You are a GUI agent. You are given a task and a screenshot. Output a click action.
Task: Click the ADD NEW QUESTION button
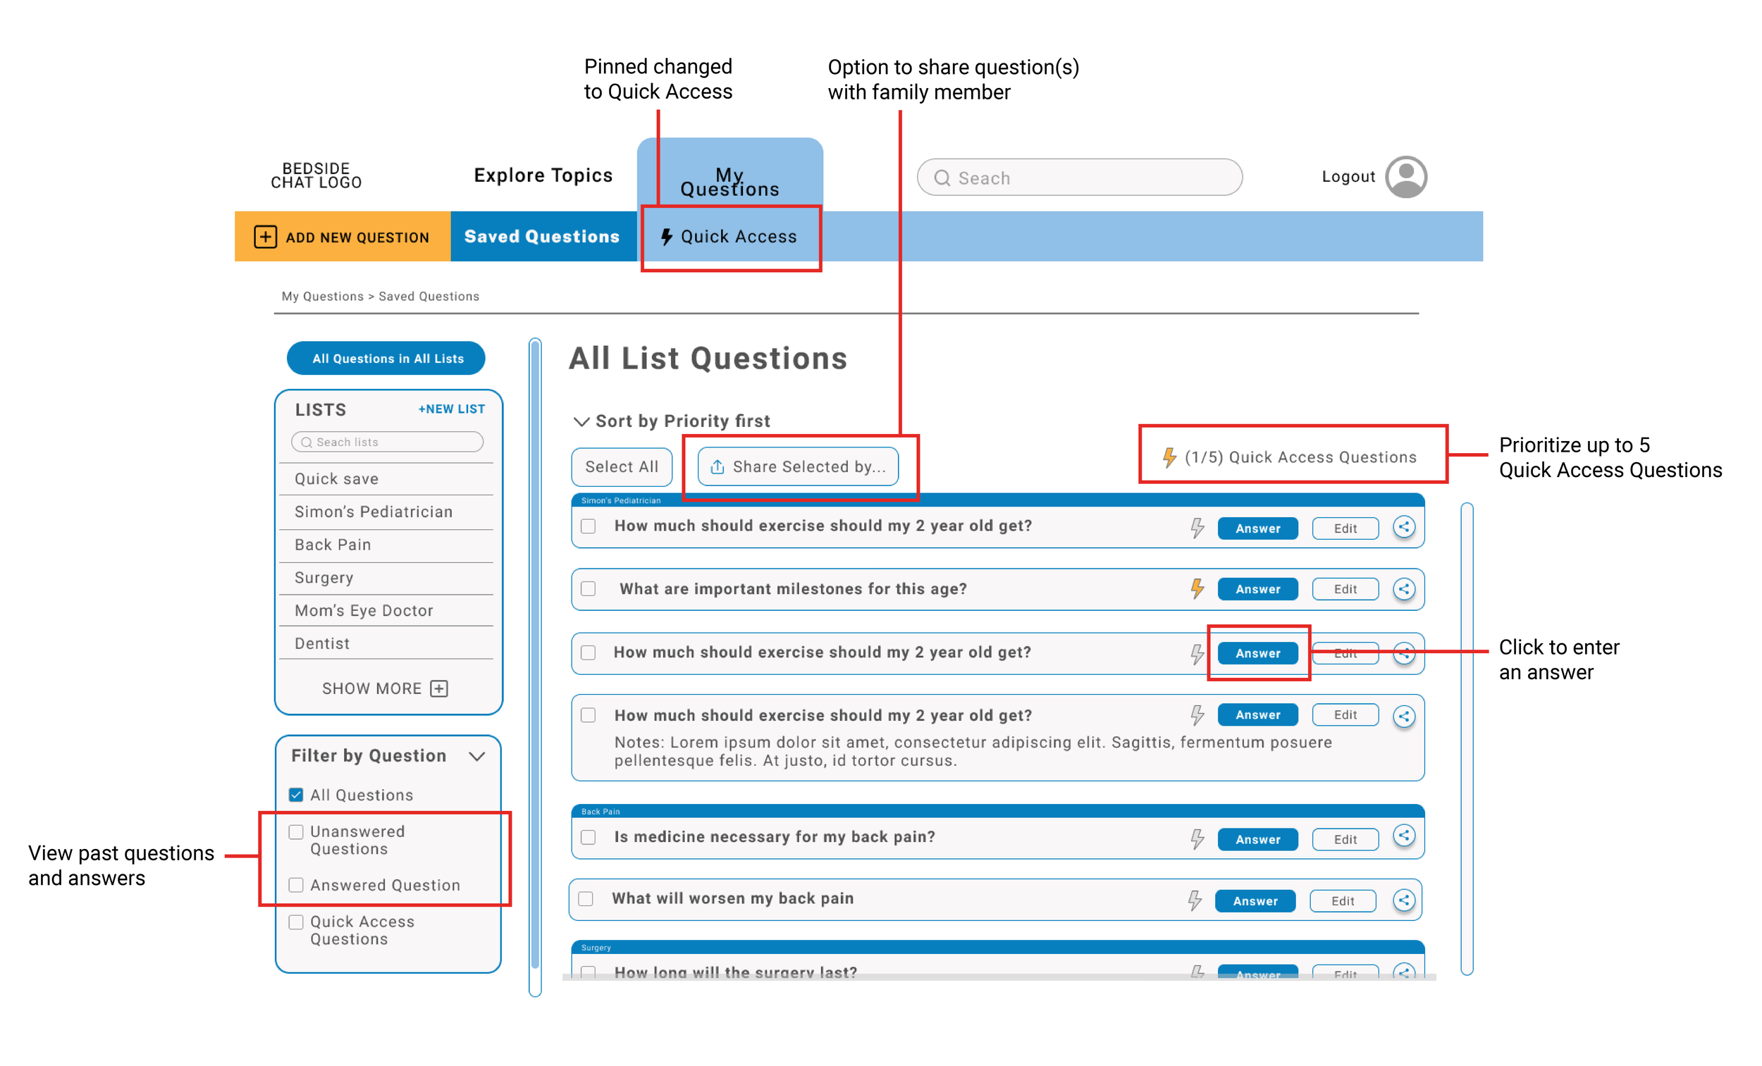click(343, 237)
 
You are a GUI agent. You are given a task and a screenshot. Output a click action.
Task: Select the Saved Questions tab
click(542, 237)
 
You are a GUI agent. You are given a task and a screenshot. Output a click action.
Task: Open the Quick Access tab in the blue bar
click(730, 237)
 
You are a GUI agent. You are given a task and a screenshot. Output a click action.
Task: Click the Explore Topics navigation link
click(543, 175)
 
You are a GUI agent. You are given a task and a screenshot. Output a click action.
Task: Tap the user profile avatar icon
click(1405, 177)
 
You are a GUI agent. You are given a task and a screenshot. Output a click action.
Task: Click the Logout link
click(1348, 177)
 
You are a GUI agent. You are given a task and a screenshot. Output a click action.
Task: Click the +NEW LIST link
click(451, 409)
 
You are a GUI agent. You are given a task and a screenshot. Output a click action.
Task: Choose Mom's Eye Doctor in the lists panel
click(364, 611)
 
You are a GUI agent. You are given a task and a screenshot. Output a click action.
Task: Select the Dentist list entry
click(323, 643)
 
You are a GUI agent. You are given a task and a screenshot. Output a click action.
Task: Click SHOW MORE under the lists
click(385, 688)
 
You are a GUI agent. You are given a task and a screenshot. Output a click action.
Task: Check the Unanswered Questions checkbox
click(296, 831)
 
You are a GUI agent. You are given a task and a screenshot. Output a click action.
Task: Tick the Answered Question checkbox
click(296, 885)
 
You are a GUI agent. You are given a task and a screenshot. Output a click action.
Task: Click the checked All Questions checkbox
click(296, 795)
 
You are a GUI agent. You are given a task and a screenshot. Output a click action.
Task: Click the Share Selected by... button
click(797, 467)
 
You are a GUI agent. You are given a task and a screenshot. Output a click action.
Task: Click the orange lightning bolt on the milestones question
click(1196, 588)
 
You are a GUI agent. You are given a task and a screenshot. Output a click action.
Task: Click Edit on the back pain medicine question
click(1344, 839)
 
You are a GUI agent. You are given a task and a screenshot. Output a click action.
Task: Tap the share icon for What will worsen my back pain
click(1404, 900)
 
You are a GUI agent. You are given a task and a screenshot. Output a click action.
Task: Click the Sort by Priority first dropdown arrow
click(581, 421)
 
